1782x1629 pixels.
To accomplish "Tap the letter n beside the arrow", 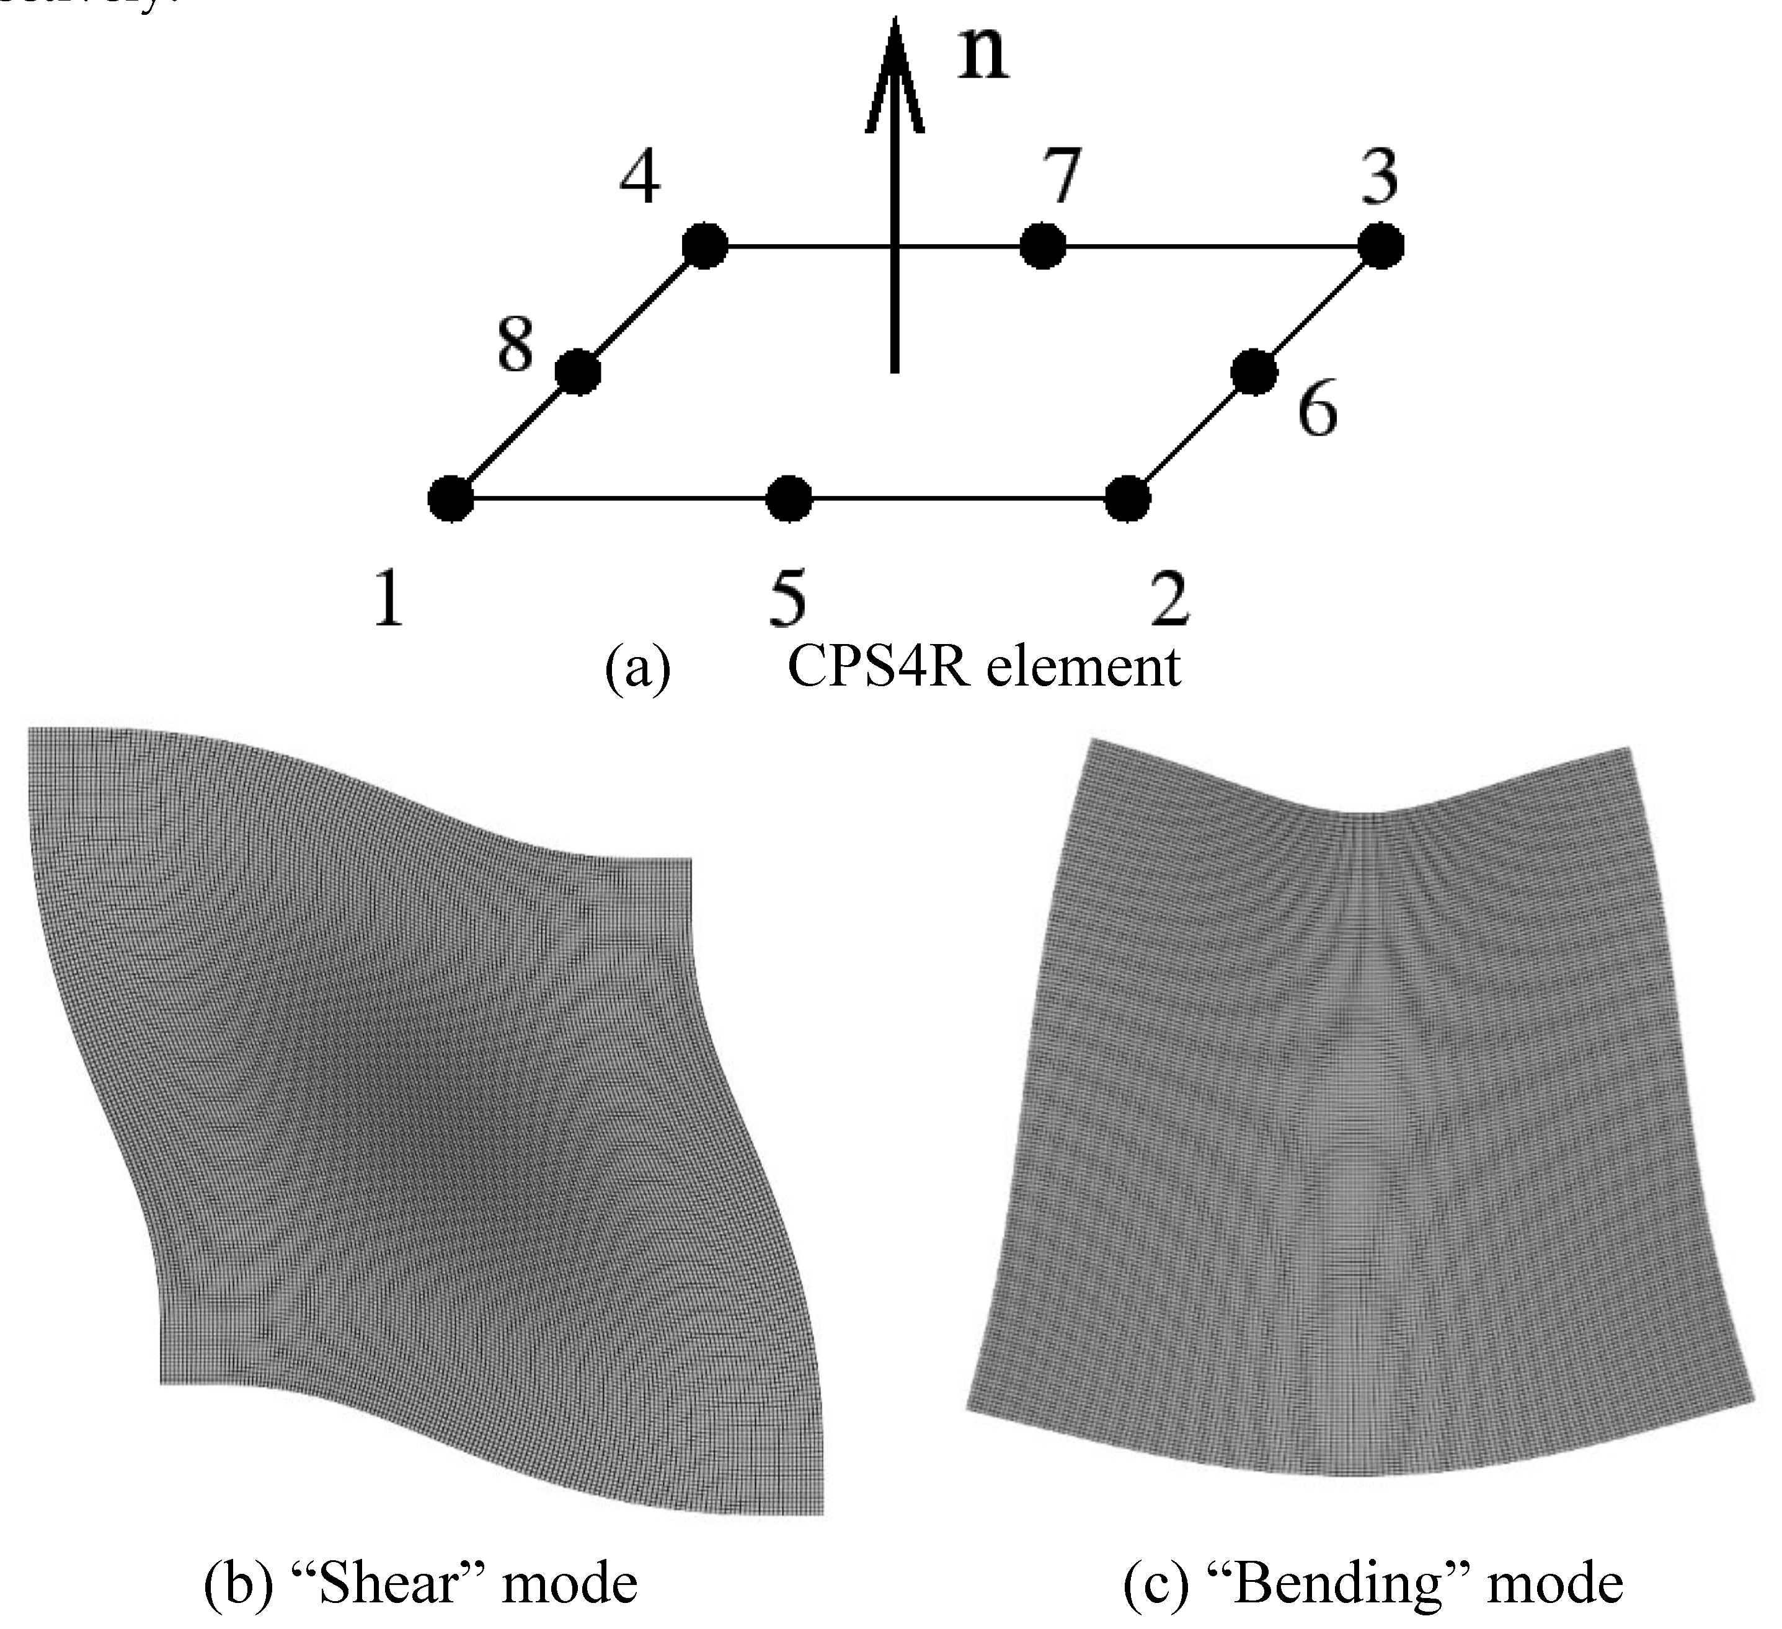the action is (x=984, y=55).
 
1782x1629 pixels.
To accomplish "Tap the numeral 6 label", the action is (x=1317, y=408).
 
